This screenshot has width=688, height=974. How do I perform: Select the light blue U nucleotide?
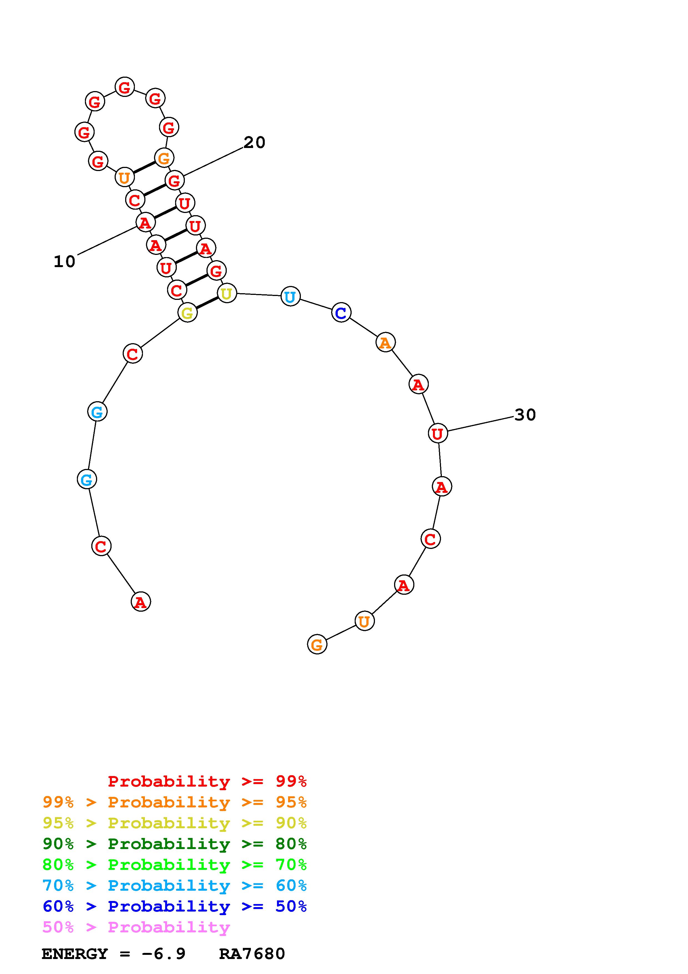click(x=290, y=296)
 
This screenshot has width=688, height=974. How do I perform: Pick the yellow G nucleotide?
click(x=187, y=313)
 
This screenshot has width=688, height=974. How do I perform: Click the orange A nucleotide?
click(x=385, y=342)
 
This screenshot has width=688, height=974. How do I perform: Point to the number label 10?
click(x=64, y=261)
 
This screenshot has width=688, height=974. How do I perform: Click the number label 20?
click(x=254, y=142)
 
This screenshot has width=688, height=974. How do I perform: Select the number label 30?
click(x=525, y=415)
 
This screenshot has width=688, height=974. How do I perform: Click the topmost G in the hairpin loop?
click(x=125, y=87)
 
